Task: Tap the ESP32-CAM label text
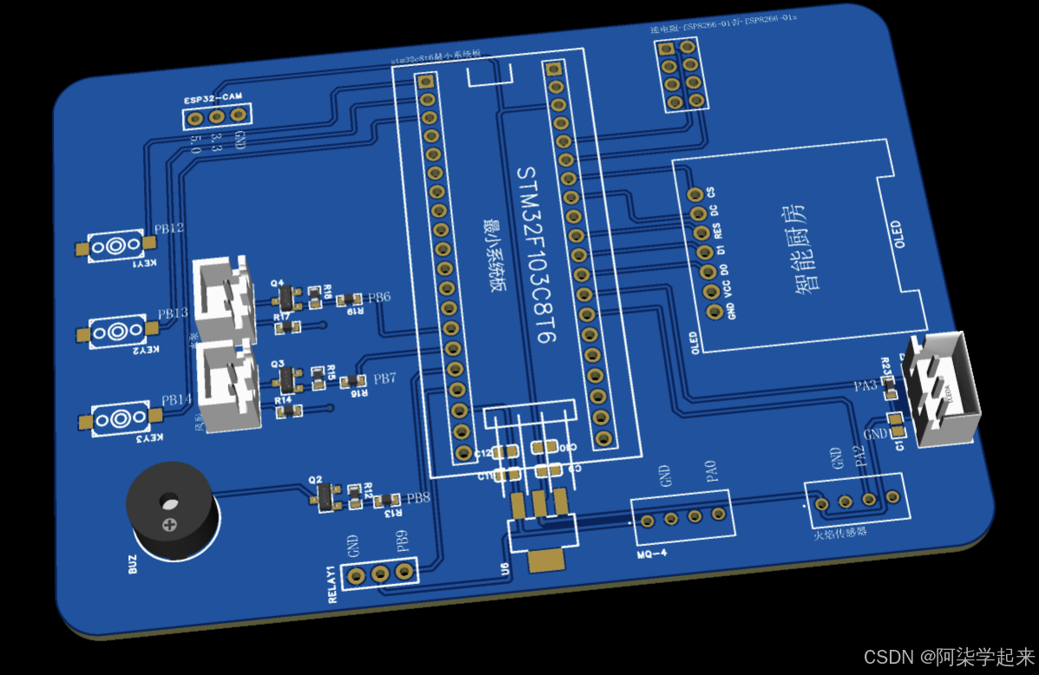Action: (212, 100)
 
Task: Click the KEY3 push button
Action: (121, 419)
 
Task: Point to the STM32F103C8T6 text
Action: (535, 256)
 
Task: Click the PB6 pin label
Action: (379, 298)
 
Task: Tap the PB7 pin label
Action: (385, 379)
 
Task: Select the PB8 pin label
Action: (418, 498)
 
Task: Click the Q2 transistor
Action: (327, 495)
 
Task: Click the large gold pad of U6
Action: (546, 560)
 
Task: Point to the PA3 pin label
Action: (864, 385)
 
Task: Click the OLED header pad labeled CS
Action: (693, 195)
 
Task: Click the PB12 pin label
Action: (169, 229)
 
